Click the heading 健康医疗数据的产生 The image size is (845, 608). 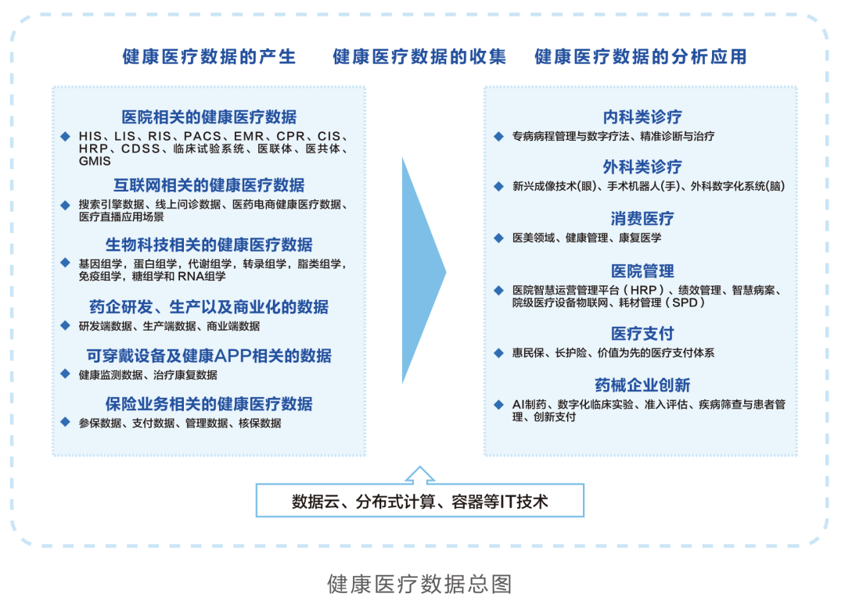pos(209,56)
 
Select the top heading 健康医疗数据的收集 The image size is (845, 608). pos(419,56)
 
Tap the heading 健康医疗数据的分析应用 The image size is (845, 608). pos(640,56)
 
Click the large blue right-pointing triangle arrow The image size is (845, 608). pos(423,270)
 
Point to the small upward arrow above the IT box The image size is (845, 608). pos(420,474)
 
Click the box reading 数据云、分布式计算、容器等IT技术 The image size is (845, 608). pos(420,500)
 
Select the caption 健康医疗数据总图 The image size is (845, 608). pos(419,584)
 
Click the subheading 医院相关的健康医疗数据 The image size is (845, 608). pos(209,116)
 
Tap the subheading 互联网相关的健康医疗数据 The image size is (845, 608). pos(209,185)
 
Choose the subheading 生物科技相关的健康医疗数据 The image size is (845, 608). pos(209,245)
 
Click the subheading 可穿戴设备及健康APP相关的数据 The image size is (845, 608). pos(209,356)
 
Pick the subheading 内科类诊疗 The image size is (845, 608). pos(642,116)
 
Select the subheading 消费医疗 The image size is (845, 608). pos(642,219)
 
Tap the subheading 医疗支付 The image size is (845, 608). pos(642,334)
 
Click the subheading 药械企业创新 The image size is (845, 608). pos(642,385)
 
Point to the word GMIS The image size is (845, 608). pos(95,161)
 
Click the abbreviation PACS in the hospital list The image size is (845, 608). pos(203,136)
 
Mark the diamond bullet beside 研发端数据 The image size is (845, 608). pos(65,325)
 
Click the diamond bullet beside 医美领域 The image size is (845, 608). pos(498,238)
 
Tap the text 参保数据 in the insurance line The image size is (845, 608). pos(99,423)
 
